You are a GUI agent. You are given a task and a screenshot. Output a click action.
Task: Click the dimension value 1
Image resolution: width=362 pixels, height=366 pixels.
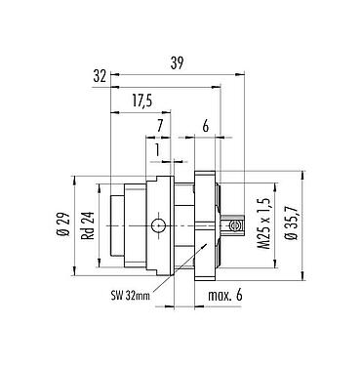157,149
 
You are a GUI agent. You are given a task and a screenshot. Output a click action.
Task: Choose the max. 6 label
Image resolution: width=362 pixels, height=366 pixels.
223,296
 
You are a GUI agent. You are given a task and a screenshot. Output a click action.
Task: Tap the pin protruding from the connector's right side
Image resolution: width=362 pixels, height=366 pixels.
232,226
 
